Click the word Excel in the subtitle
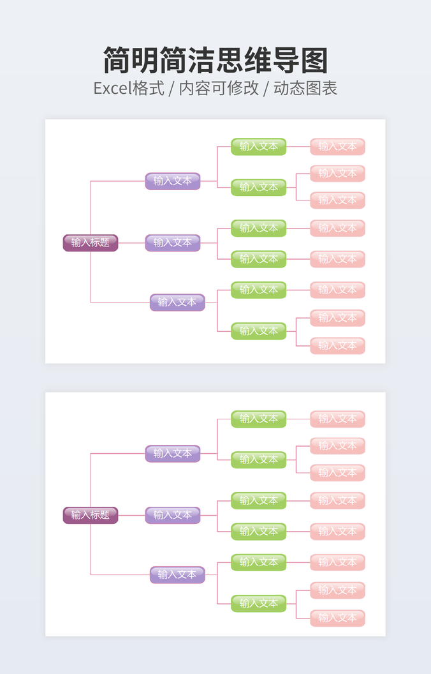click(x=112, y=88)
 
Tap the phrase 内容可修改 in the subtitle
click(x=219, y=88)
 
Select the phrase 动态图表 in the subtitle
click(x=305, y=88)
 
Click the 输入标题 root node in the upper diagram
click(x=91, y=243)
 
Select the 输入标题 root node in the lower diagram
click(x=91, y=515)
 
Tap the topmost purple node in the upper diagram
click(x=173, y=181)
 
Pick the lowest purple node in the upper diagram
click(x=177, y=302)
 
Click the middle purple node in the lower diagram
click(x=173, y=515)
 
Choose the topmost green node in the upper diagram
click(x=259, y=146)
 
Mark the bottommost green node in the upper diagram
click(x=259, y=331)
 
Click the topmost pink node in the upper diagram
click(x=338, y=146)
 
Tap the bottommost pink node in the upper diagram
click(x=338, y=345)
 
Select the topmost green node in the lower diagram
click(x=259, y=419)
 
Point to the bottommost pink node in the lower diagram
click(x=338, y=618)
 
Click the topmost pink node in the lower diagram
click(x=338, y=419)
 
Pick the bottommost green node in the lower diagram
click(x=259, y=603)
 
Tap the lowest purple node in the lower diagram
click(x=177, y=574)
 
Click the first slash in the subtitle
click(x=171, y=88)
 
